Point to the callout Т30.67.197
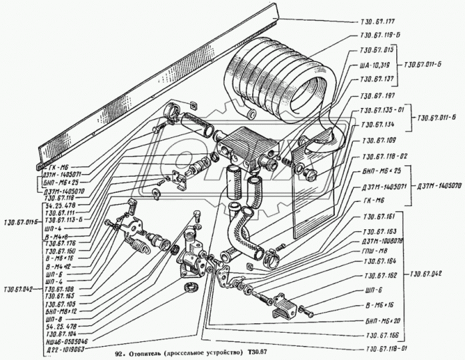377,97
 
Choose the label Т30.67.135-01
382,110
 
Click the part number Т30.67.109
377,141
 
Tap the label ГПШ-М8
376,251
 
